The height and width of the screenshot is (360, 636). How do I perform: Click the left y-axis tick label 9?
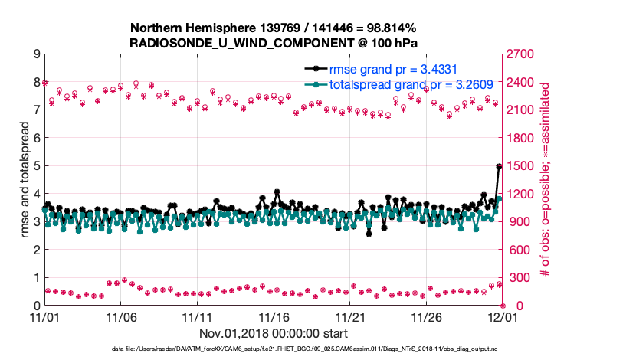(36, 54)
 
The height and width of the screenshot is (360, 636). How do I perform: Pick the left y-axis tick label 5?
(36, 166)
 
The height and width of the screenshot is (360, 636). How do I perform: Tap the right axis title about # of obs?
(546, 179)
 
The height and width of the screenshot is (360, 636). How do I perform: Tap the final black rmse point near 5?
(499, 166)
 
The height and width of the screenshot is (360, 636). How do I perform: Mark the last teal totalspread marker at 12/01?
(499, 198)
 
